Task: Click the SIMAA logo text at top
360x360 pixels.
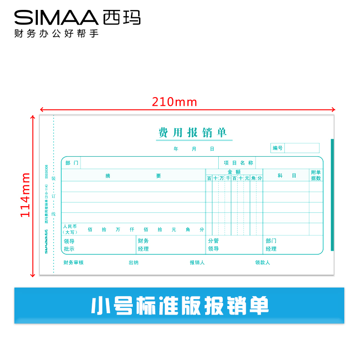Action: tap(56, 18)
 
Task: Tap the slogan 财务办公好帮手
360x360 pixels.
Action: tap(56, 34)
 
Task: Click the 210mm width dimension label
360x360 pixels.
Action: tap(175, 102)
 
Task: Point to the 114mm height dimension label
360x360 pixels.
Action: tap(26, 195)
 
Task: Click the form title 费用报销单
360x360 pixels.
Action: tap(193, 133)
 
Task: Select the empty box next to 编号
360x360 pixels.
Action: tap(301, 148)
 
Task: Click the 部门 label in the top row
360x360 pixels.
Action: tap(72, 163)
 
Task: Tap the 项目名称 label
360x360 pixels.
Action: tap(238, 163)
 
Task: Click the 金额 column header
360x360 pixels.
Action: tap(234, 172)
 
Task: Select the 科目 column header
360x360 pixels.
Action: tap(287, 175)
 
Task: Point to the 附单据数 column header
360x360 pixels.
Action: tap(316, 175)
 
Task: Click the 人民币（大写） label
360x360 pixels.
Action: tap(70, 229)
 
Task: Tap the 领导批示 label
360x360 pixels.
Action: tap(69, 245)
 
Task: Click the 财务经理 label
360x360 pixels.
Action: tap(144, 245)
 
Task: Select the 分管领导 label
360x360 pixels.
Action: tap(213, 245)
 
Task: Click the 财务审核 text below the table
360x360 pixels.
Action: tap(73, 263)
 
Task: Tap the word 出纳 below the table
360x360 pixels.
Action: tap(134, 263)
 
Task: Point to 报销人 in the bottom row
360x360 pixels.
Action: tap(197, 263)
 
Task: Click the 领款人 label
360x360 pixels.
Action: tap(262, 263)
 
